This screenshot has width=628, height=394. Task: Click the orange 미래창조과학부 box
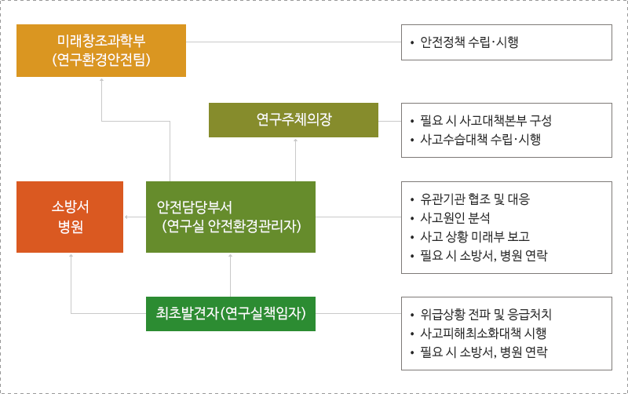[101, 50]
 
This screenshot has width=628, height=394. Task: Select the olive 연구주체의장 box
[293, 120]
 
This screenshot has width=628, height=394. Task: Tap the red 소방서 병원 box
[70, 217]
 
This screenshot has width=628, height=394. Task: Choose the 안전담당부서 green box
[231, 217]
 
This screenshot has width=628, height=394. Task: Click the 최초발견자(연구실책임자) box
[231, 314]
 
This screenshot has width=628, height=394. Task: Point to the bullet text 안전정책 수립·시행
[469, 42]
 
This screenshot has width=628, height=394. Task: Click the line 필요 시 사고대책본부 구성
[486, 121]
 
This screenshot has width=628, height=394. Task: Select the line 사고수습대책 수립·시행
[480, 140]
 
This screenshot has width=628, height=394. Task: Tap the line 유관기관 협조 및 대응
[475, 199]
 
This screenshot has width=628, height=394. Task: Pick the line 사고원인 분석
[455, 218]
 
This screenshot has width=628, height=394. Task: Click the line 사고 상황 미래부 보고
[475, 237]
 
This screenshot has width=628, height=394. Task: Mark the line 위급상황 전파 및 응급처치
[486, 314]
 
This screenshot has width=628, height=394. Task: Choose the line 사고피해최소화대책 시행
[483, 333]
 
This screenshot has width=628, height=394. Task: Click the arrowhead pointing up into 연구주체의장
[296, 140]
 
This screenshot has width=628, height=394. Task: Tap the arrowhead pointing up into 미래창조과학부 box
[102, 80]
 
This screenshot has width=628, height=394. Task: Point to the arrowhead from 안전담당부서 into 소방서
[126, 217]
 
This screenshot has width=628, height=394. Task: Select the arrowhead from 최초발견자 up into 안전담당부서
[230, 255]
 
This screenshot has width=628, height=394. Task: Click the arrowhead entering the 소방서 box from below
[71, 255]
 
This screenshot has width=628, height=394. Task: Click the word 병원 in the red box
[71, 227]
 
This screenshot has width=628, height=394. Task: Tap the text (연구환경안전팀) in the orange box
[101, 60]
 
